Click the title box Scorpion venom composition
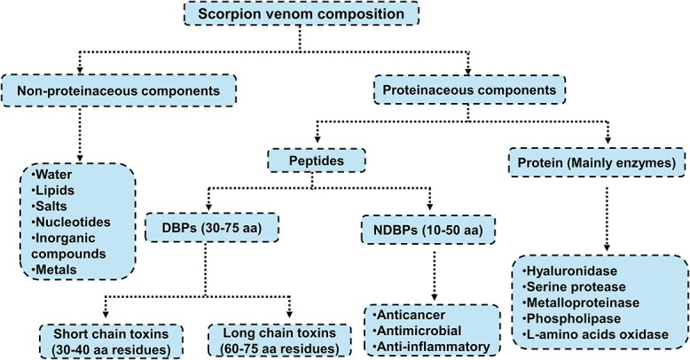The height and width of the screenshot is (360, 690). [301, 13]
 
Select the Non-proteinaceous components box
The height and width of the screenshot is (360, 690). [118, 90]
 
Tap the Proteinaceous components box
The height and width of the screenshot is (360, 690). [469, 90]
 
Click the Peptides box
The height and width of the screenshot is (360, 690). [317, 160]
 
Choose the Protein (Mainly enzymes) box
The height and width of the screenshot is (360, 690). [597, 163]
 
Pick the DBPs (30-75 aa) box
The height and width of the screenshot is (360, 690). [212, 228]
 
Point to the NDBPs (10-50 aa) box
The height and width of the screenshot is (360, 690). [428, 230]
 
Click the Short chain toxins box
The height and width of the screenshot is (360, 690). [111, 341]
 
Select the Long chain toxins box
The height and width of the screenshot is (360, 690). [279, 340]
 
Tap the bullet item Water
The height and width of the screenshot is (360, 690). [52, 175]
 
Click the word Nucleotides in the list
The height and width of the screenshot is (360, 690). [73, 222]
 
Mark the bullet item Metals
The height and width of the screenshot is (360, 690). [54, 270]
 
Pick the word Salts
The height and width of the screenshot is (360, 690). [51, 206]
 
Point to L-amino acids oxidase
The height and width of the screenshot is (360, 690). [595, 334]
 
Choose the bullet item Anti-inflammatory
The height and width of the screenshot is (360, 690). [431, 347]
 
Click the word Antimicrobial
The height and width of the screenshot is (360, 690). [413, 331]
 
